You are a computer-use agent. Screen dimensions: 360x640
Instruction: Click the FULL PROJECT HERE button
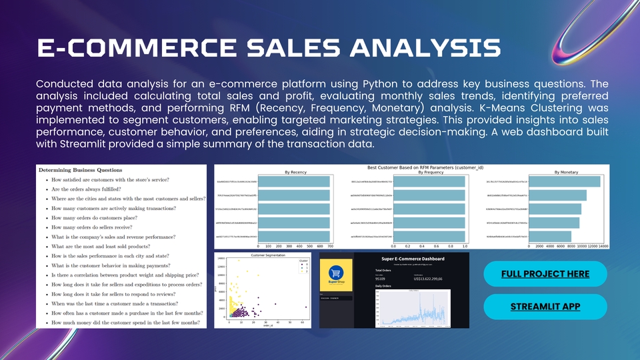tap(545, 274)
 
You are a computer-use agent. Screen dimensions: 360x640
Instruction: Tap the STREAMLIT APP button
tap(545, 307)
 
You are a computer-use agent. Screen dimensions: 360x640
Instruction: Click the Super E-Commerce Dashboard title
tap(413, 259)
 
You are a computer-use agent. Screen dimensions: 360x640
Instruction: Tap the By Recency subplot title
tap(295, 172)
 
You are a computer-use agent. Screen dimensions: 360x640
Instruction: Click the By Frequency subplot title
tap(429, 172)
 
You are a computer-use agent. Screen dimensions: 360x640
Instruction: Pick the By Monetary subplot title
tap(567, 172)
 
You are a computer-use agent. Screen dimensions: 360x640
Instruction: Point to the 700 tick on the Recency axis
tap(330, 246)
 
